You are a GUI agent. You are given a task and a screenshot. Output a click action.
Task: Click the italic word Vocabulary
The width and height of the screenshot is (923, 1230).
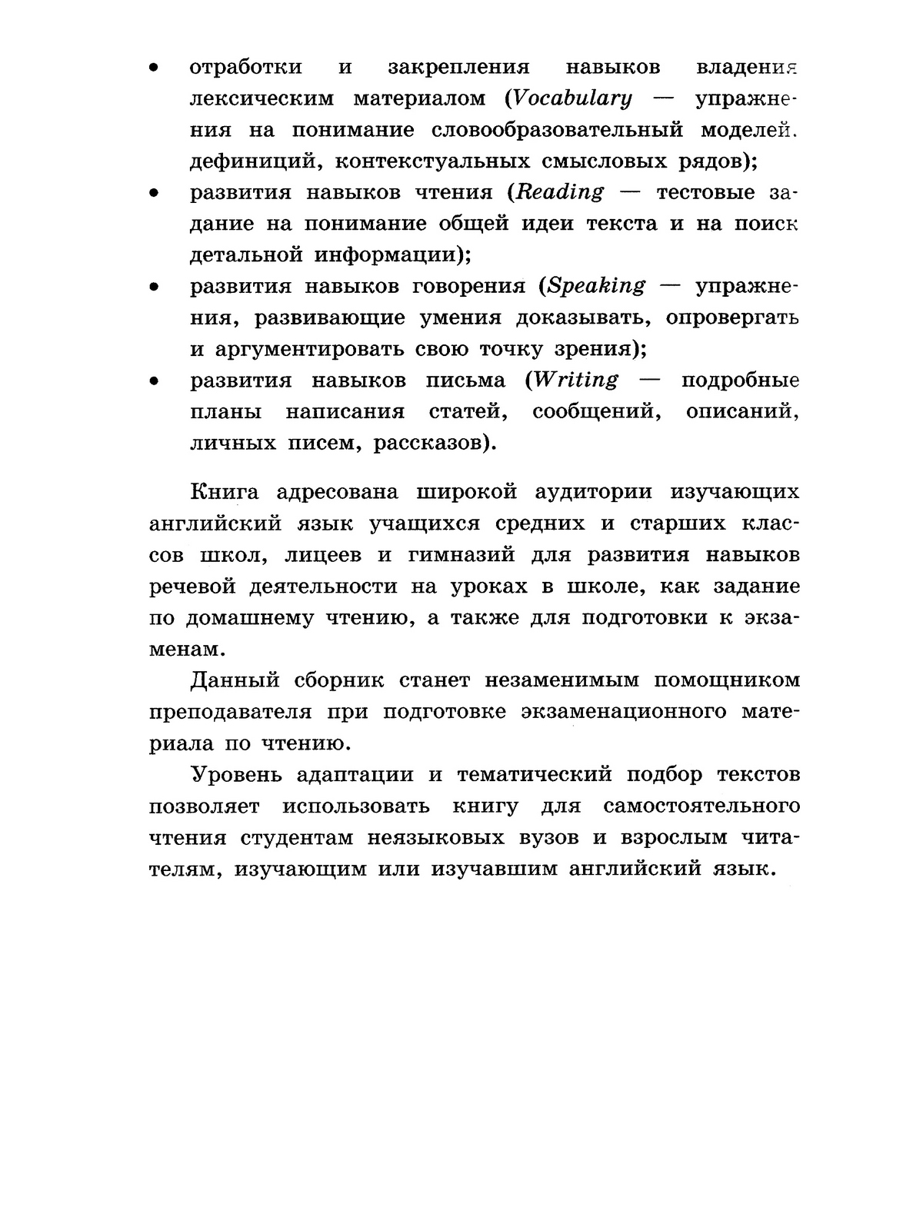tap(572, 98)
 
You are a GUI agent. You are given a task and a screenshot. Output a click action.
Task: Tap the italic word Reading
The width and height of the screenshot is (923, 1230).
tap(560, 192)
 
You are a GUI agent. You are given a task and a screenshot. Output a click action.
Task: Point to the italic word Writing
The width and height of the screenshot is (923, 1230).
tap(576, 380)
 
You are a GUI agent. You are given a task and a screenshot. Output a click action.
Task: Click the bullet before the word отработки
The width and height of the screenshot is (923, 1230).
tap(154, 68)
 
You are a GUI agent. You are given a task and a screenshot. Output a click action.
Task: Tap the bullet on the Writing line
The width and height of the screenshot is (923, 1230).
tap(154, 381)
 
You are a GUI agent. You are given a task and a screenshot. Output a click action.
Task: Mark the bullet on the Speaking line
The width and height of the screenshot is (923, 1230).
tap(154, 287)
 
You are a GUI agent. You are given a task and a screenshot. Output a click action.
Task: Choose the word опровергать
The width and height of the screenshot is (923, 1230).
tap(732, 317)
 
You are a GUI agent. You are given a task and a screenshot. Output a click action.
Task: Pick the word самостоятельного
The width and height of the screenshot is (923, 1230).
tap(701, 806)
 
